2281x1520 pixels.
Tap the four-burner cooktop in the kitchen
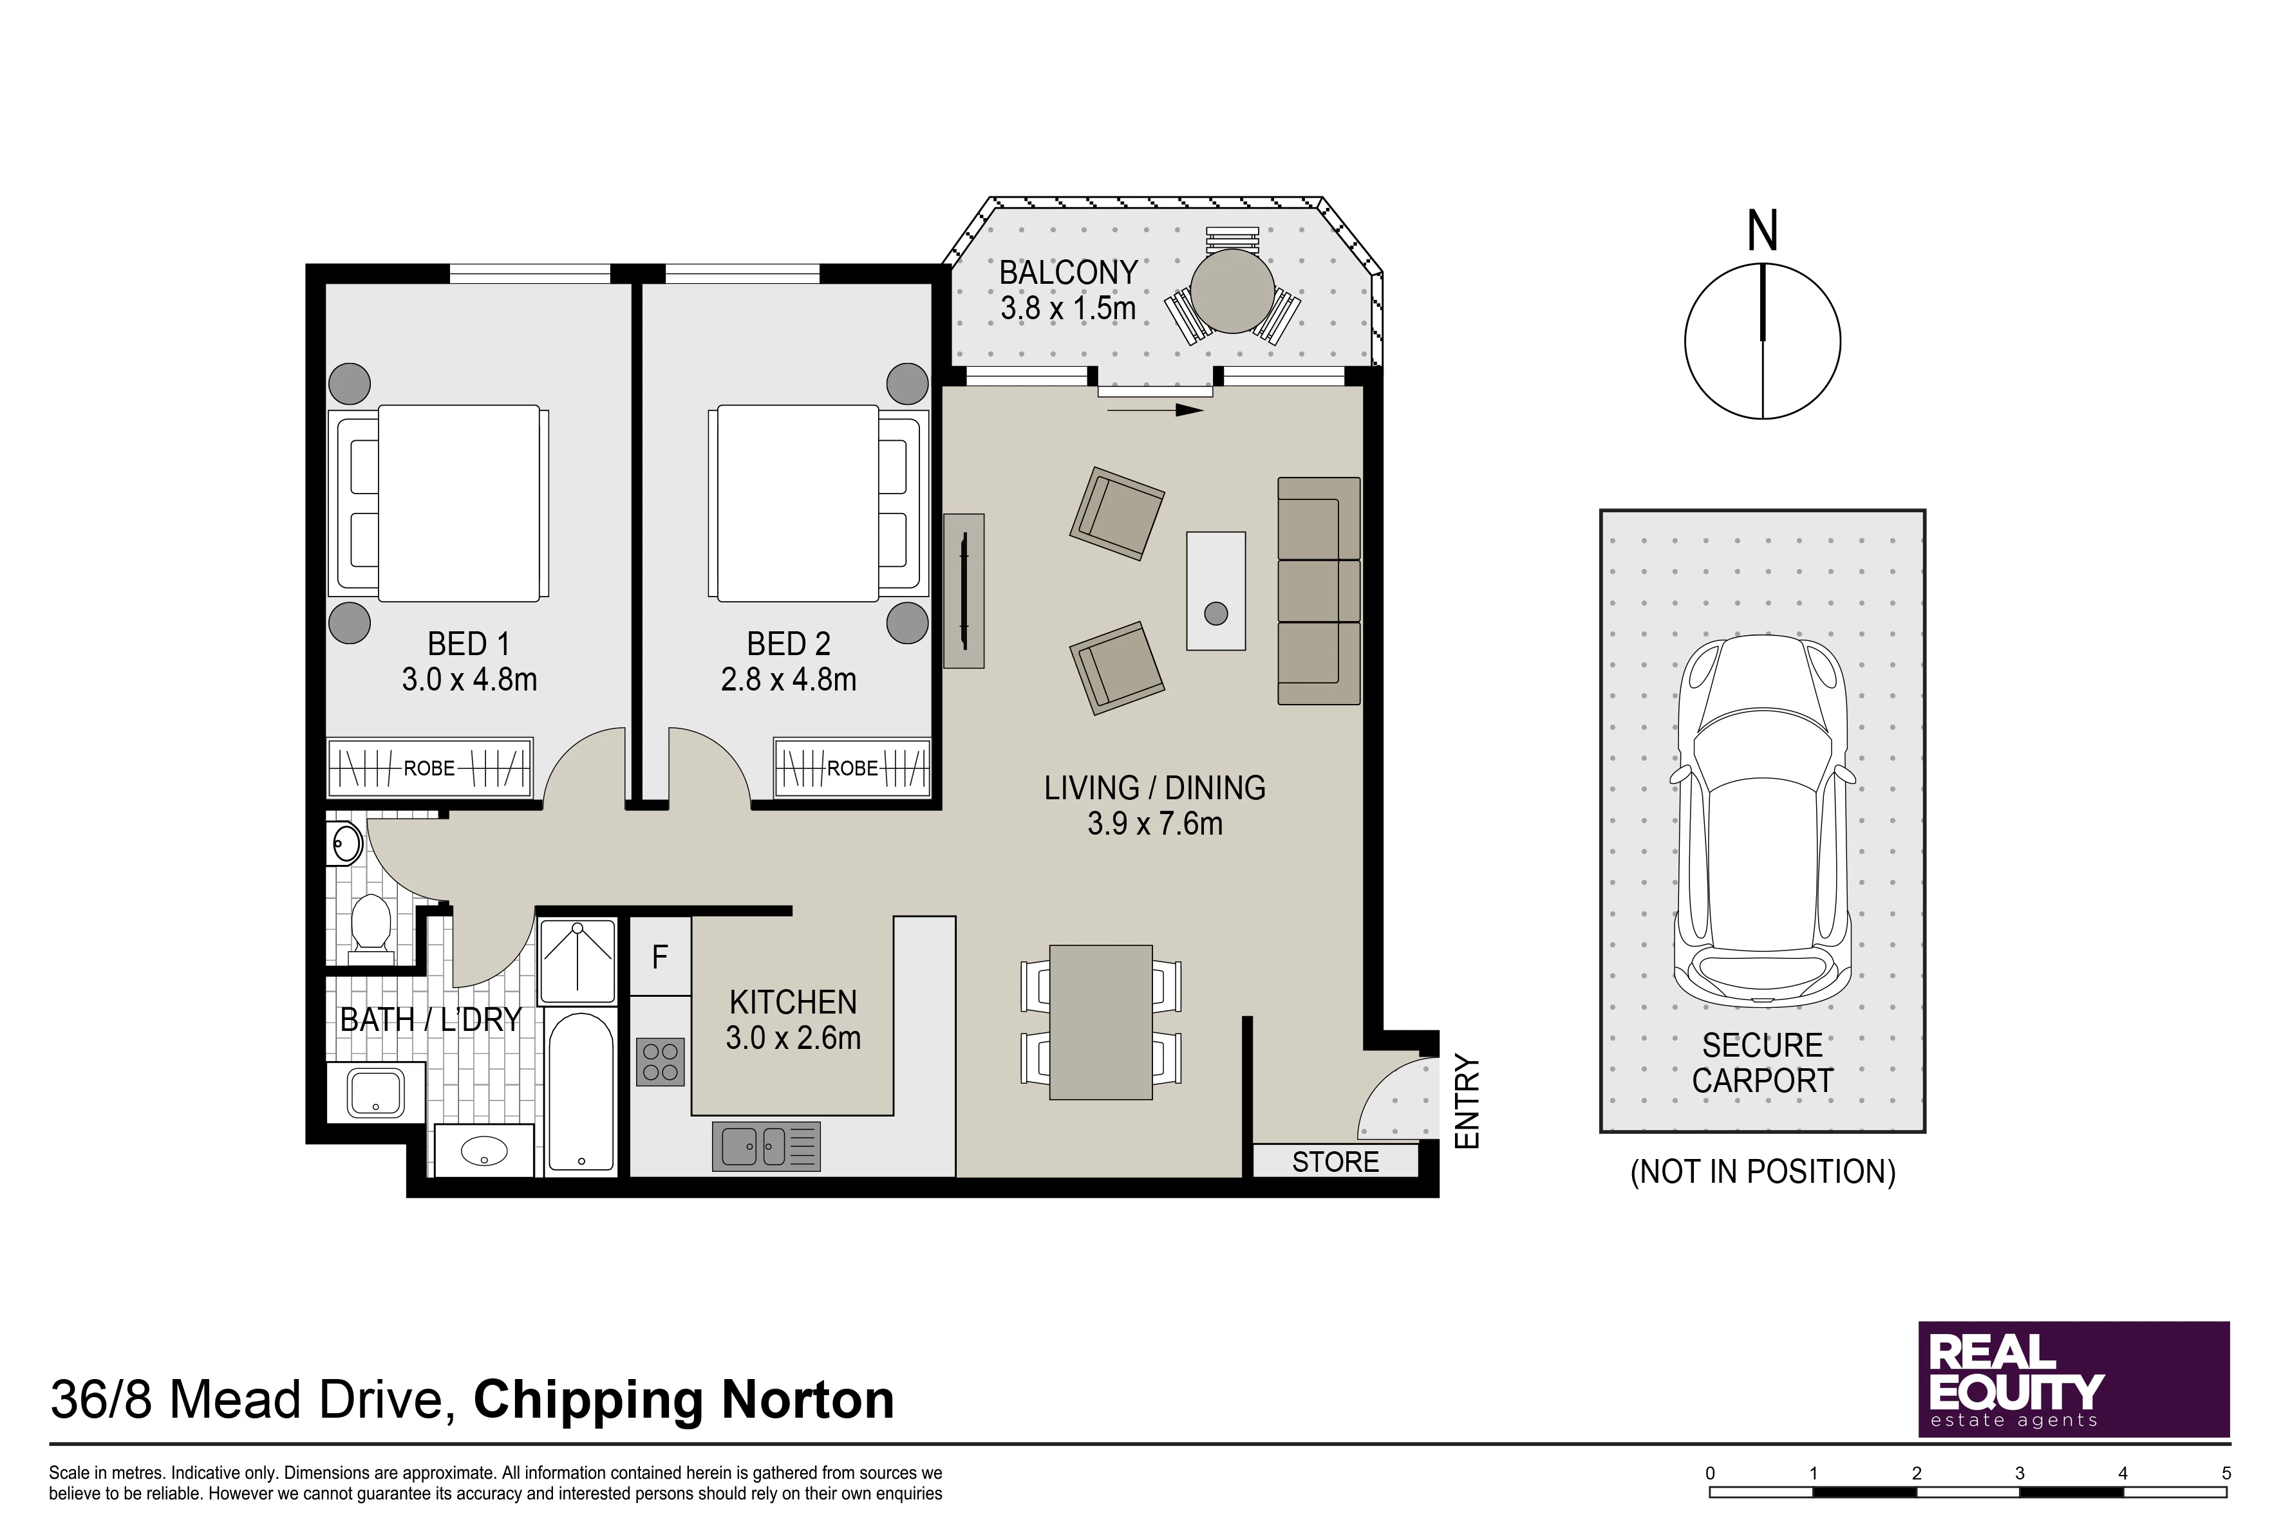click(661, 1061)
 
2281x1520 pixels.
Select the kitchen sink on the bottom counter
click(766, 1147)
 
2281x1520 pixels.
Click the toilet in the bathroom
click(370, 926)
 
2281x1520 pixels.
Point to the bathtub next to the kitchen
click(580, 1093)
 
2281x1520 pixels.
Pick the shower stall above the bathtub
click(578, 961)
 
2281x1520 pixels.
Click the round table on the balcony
click(1233, 291)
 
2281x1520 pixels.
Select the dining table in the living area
click(1101, 1023)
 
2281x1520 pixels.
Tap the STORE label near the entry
click(1335, 1162)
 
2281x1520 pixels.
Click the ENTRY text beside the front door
click(1469, 1102)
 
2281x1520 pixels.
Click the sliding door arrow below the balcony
click(1155, 410)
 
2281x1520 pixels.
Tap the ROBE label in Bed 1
click(429, 768)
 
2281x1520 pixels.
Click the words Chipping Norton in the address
click(684, 1400)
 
